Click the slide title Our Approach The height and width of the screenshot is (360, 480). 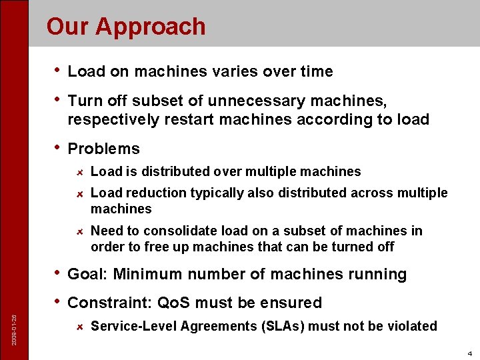[126, 27]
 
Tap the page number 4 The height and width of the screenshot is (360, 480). [469, 353]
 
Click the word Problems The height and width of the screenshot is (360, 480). [103, 149]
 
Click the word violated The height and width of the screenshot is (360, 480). [412, 326]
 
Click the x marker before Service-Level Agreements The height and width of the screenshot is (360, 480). [78, 327]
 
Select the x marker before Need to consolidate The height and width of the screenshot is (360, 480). [78, 231]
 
